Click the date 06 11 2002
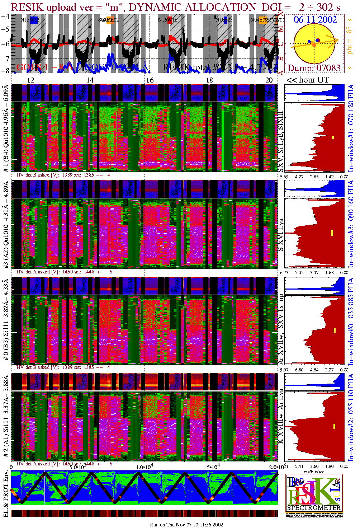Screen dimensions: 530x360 [x=315, y=20]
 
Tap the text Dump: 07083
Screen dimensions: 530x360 [x=314, y=68]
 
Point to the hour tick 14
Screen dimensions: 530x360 [x=90, y=80]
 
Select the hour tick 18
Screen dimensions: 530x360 [x=209, y=80]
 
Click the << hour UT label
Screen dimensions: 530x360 [x=307, y=80]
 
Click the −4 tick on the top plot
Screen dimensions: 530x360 [x=5, y=16]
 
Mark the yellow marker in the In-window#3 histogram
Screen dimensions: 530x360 [x=332, y=233]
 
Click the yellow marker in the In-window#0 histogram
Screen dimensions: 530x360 [x=335, y=330]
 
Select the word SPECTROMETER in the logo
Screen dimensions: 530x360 [x=314, y=507]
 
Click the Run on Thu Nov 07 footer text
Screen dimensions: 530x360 [x=186, y=525]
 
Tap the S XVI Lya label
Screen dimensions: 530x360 [x=281, y=235]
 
